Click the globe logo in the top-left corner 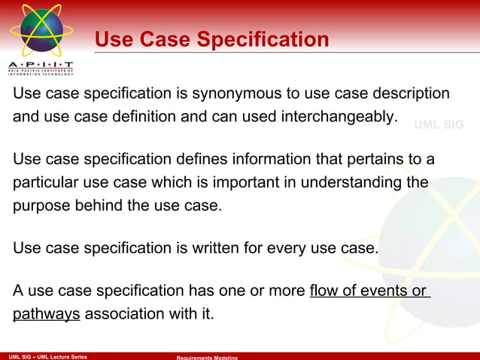point(40,30)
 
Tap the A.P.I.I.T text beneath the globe point(41,64)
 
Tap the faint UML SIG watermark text point(439,125)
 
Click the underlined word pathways point(46,313)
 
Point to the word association point(122,313)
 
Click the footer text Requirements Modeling point(207,357)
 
